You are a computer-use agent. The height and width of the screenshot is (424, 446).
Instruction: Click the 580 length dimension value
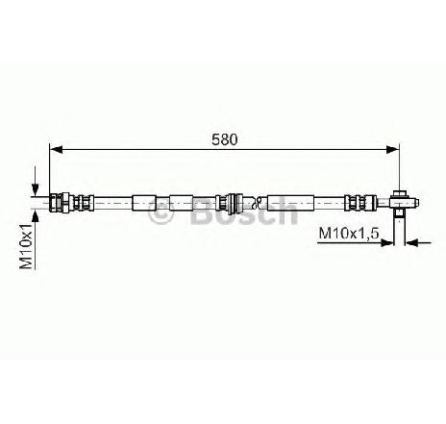225,139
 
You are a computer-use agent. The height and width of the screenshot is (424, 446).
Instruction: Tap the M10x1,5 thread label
349,233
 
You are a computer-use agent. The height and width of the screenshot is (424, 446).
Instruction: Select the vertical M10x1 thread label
27,246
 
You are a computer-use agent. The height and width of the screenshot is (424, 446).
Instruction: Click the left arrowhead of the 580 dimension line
56,149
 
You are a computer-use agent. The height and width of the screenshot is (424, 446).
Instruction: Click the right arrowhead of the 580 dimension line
393,149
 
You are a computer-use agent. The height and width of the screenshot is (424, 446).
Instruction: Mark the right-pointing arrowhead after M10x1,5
386,243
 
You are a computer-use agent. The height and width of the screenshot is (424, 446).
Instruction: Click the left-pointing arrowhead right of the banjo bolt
411,243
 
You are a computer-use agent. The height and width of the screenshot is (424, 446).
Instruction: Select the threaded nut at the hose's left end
61,203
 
